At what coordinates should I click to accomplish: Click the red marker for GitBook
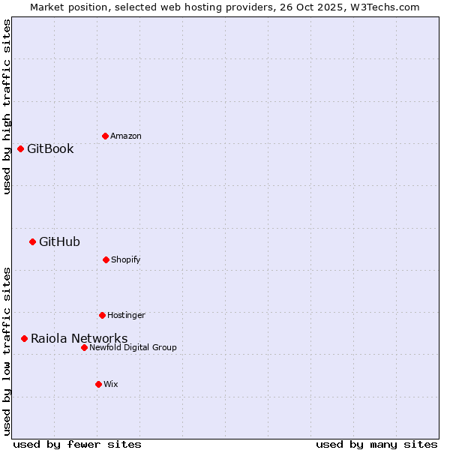click(x=20, y=148)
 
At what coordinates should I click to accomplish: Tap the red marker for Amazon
click(x=105, y=136)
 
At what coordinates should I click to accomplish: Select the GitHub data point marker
click(x=32, y=241)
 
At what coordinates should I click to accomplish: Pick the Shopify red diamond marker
click(x=106, y=259)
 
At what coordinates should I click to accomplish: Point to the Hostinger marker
click(x=102, y=315)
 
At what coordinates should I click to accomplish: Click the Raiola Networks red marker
click(x=24, y=338)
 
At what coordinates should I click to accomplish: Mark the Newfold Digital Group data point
click(x=84, y=347)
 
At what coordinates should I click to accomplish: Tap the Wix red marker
click(x=98, y=384)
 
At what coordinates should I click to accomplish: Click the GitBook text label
click(x=50, y=148)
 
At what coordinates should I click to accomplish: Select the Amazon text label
click(x=126, y=136)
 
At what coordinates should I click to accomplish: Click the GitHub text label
click(x=59, y=241)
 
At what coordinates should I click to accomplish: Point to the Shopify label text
click(x=126, y=259)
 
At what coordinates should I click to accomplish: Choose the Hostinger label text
click(x=126, y=315)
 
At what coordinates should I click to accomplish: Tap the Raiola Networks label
click(x=79, y=338)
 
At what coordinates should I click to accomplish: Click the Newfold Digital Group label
click(x=133, y=347)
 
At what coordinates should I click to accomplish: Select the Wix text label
click(x=111, y=384)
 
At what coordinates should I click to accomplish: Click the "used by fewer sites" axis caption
click(x=77, y=444)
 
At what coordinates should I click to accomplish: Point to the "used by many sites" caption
click(x=376, y=444)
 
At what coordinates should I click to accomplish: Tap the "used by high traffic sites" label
click(x=7, y=106)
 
